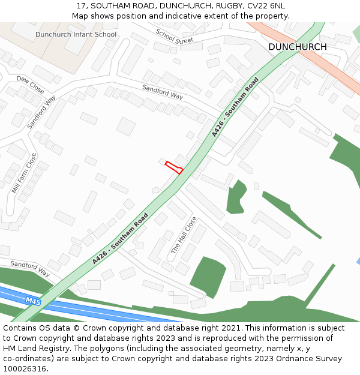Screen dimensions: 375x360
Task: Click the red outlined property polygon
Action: [174, 167]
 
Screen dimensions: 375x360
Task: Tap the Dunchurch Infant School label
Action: [76, 34]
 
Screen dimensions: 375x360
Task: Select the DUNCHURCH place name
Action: [298, 47]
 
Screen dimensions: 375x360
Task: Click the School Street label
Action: [175, 37]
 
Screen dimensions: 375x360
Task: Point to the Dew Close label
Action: [30, 84]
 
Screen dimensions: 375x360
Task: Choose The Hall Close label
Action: [184, 235]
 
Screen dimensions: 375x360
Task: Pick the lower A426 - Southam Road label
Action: [120, 239]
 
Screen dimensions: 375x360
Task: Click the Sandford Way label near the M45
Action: [30, 268]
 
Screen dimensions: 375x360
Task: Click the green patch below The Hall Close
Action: [207, 276]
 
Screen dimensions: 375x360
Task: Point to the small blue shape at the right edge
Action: [358, 262]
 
